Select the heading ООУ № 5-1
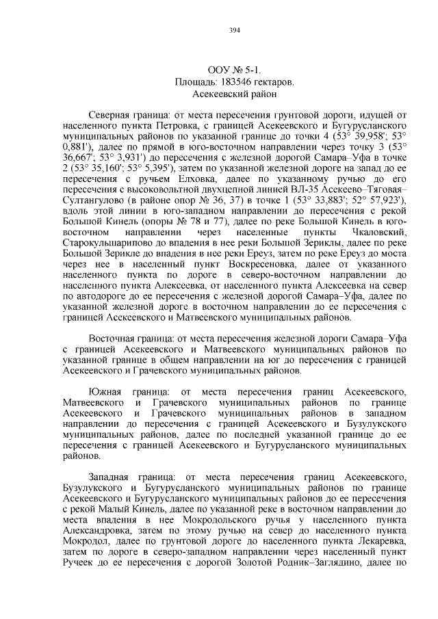point(234,70)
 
